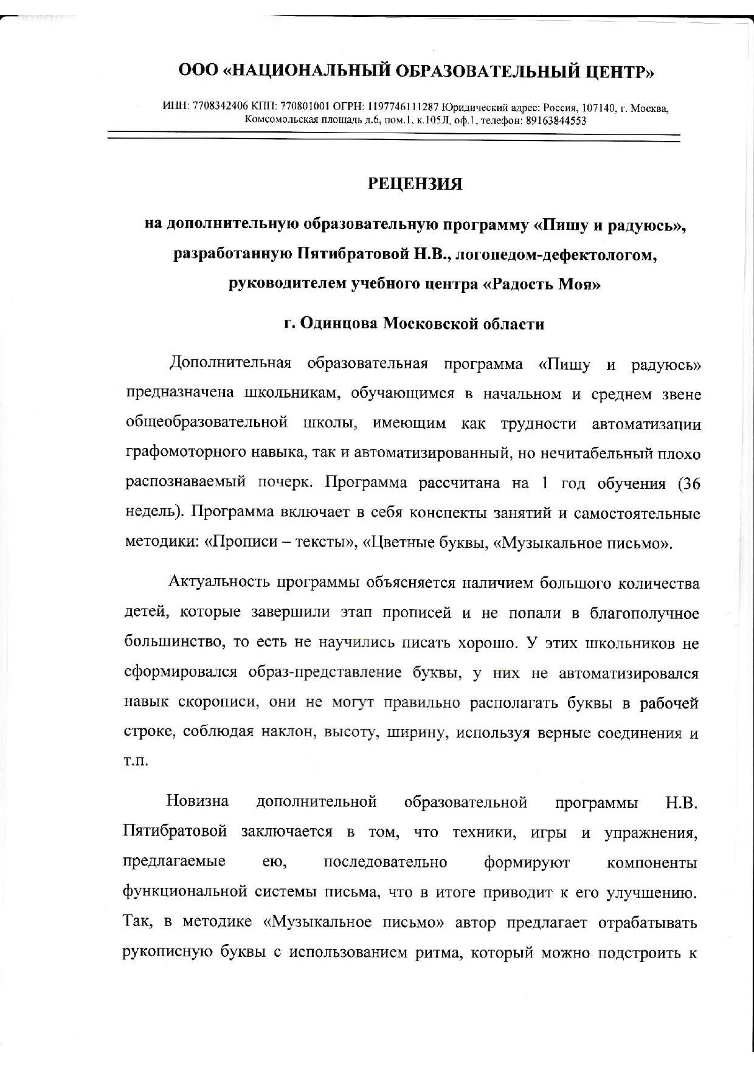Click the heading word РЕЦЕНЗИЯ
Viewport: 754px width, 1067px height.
point(415,184)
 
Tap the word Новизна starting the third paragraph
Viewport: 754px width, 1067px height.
point(198,801)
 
